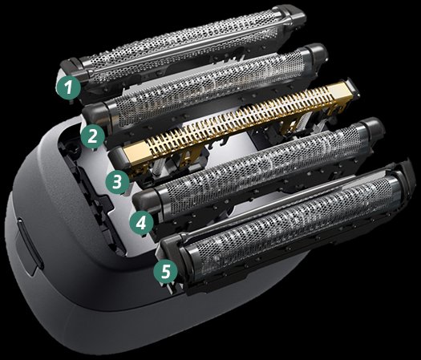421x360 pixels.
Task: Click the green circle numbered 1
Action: (69, 87)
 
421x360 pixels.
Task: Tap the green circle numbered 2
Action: (93, 136)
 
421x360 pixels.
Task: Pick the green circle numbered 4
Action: (141, 224)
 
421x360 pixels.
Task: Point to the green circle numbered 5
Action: (166, 271)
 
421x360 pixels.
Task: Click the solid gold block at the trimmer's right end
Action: (341, 90)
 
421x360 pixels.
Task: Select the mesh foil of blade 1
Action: (183, 46)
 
